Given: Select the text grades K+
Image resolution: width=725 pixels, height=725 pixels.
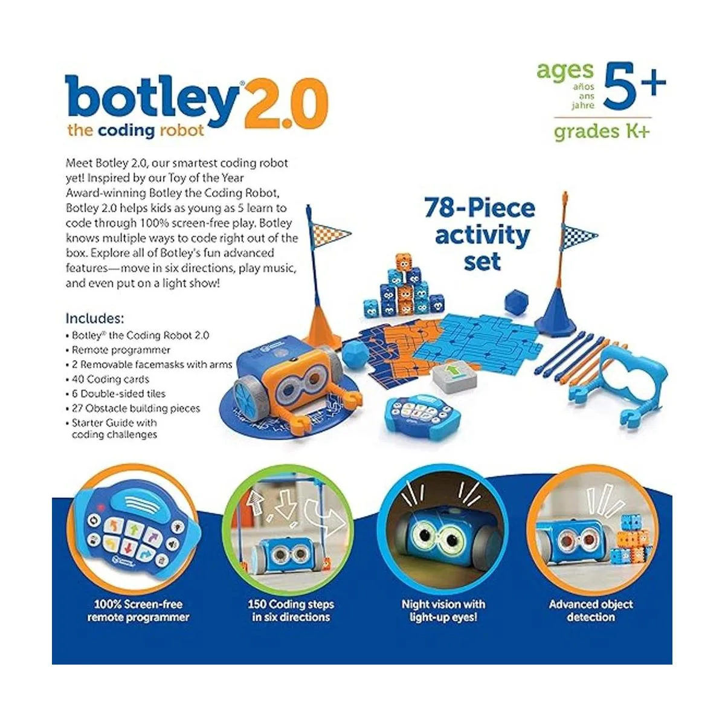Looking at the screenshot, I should click(x=602, y=131).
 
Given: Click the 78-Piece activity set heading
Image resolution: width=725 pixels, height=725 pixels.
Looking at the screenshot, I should click(x=480, y=234).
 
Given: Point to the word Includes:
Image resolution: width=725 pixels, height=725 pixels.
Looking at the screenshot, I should click(x=95, y=318).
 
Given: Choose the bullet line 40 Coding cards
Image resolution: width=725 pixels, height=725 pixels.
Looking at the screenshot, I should click(x=110, y=379).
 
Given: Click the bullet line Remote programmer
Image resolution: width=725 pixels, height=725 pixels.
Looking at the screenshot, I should click(x=121, y=350).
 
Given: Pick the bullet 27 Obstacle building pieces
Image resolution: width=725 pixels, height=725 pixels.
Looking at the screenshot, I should click(x=135, y=408).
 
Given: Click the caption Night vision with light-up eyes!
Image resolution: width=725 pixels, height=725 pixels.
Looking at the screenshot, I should click(x=443, y=610).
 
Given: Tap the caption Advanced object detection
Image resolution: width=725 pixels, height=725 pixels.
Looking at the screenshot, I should click(x=590, y=610).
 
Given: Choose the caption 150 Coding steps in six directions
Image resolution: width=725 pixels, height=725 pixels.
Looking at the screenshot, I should click(x=291, y=610).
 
